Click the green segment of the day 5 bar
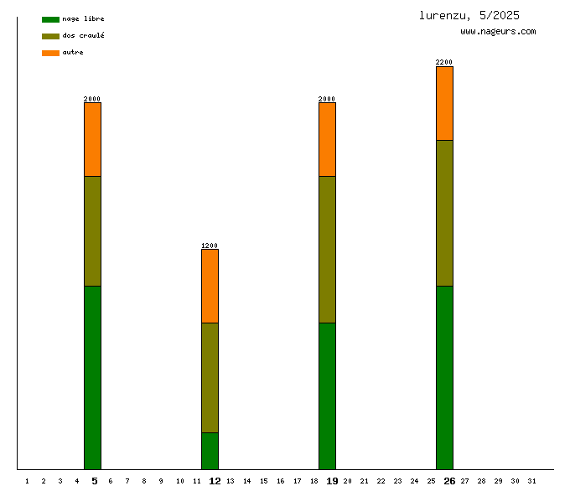(x=92, y=377)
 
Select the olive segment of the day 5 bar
(x=92, y=230)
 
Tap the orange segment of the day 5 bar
(x=92, y=139)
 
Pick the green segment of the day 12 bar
(x=210, y=451)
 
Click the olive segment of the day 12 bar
(x=210, y=377)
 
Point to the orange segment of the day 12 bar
(x=210, y=286)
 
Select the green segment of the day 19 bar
(x=327, y=396)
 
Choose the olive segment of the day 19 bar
(x=327, y=249)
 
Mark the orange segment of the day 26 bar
(x=444, y=103)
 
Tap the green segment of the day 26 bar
(x=444, y=377)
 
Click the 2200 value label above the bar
(x=444, y=62)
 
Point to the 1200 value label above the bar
(x=210, y=246)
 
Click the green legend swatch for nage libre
(x=50, y=19)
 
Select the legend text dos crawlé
(x=83, y=36)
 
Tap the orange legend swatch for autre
(x=50, y=53)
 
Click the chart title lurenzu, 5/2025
(x=469, y=15)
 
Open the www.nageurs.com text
(x=498, y=32)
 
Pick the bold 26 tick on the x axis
(x=449, y=481)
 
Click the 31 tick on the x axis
(x=531, y=481)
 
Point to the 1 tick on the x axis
(x=27, y=481)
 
